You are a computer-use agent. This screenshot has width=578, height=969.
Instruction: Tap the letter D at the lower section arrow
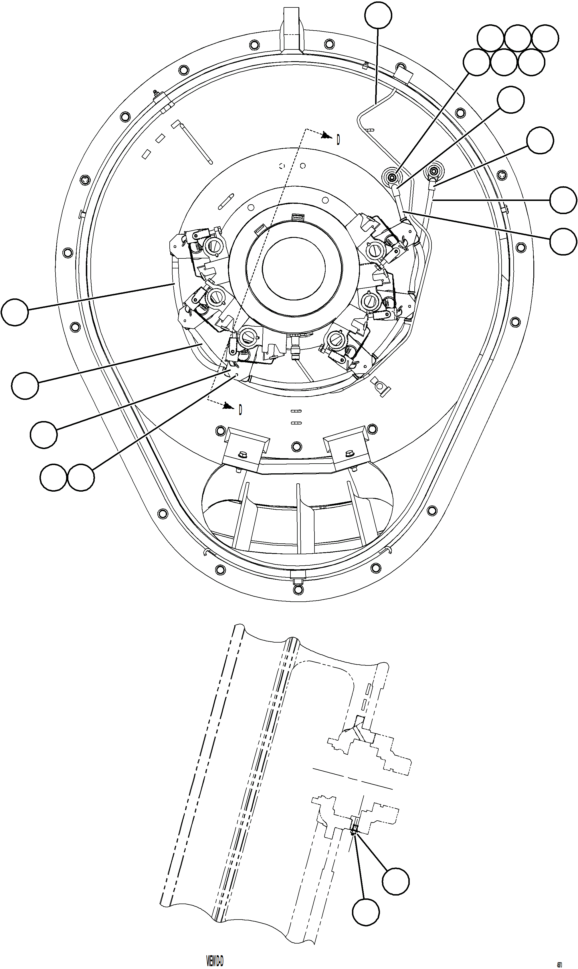click(x=240, y=410)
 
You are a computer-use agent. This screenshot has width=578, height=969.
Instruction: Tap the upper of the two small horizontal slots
click(x=296, y=411)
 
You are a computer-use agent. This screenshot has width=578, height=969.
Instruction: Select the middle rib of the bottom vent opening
click(x=299, y=517)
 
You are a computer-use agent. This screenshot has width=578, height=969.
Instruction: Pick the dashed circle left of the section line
click(x=282, y=166)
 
